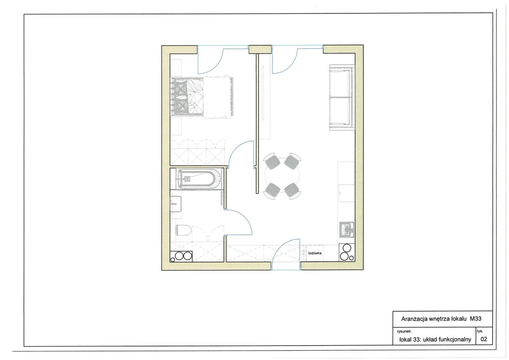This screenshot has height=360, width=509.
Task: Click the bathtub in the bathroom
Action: [x=199, y=179]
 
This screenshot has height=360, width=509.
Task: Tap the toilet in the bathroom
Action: [x=183, y=231]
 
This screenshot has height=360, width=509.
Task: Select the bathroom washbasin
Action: [x=175, y=204]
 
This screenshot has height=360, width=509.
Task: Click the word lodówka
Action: [x=315, y=253]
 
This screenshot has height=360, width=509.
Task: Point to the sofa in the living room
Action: [x=341, y=97]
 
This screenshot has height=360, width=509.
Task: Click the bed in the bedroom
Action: [x=202, y=97]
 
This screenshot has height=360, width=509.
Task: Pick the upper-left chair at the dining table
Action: [x=272, y=161]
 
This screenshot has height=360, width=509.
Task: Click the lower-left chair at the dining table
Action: [x=272, y=190]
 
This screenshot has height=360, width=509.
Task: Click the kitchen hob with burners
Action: [x=346, y=253]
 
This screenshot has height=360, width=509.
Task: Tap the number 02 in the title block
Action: [x=484, y=340]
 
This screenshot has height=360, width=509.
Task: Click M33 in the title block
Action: [x=476, y=318]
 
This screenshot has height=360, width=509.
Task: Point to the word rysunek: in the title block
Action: [x=404, y=332]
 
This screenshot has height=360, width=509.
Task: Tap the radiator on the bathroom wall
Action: [x=222, y=199]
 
